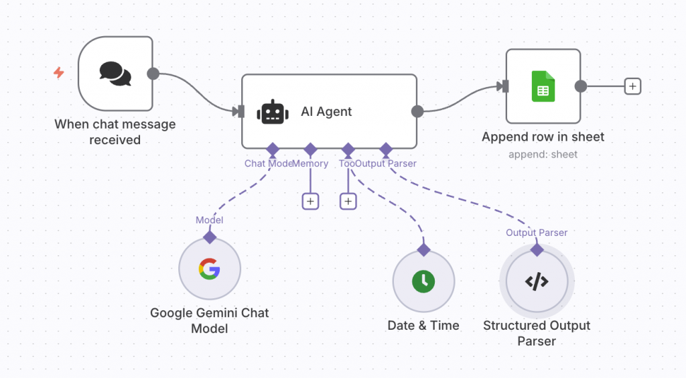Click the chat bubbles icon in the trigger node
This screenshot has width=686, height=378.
coord(115,73)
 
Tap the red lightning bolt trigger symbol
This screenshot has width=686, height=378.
coord(59,72)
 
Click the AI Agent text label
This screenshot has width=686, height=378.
coord(326,112)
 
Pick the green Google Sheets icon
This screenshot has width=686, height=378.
coord(543,86)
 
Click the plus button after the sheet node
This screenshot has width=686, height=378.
coord(632,86)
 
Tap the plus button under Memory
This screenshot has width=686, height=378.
coord(310,200)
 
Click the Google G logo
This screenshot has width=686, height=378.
coord(209,269)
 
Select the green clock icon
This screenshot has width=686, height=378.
coord(423,281)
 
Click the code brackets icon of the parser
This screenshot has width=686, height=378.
coord(537,281)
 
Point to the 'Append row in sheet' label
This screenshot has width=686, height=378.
coord(543,137)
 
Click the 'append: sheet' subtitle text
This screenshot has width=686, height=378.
coord(543,154)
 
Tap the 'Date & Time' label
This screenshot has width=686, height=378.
coord(423,326)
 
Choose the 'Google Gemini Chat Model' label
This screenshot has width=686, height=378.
coord(209,320)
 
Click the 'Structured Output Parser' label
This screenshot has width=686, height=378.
coord(537,333)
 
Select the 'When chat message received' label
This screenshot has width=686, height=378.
coord(115,132)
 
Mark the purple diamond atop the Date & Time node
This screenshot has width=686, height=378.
coord(423,250)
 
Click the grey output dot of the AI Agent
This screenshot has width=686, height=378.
coord(417,112)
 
